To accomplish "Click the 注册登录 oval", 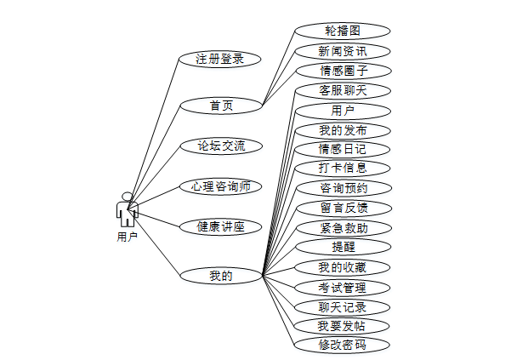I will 220,59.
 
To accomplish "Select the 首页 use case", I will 220,106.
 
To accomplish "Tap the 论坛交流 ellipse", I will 220,146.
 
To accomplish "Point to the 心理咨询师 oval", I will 220,186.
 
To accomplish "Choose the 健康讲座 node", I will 220,226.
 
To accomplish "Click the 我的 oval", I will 220,275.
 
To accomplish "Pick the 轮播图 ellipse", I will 343,30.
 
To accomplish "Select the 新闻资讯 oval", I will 343,51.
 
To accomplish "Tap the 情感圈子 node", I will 343,71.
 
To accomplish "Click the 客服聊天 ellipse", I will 343,89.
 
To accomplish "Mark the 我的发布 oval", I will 343,130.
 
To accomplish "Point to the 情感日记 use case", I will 343,149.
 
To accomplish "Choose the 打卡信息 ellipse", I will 343,168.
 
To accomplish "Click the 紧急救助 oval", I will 343,227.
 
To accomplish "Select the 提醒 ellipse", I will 343,247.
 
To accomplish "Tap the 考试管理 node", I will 343,287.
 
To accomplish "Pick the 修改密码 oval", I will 343,345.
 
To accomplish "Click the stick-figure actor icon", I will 127,209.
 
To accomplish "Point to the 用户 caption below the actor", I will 127,237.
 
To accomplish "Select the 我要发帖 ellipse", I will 343,326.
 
